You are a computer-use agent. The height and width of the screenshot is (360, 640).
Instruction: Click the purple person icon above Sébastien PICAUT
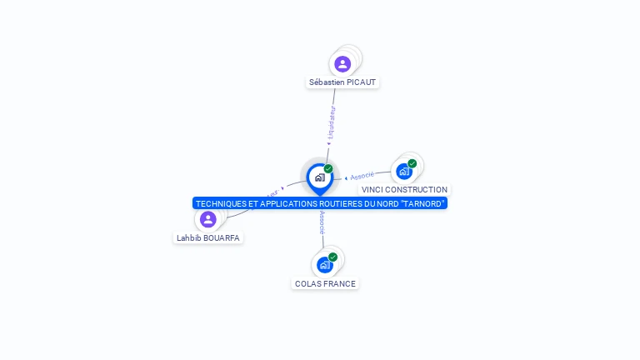[x=342, y=63]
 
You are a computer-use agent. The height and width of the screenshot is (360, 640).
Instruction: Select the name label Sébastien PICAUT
[x=342, y=82]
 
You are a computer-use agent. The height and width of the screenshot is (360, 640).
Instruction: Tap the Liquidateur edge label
[x=331, y=122]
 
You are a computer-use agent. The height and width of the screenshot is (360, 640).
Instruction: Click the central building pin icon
[x=319, y=177]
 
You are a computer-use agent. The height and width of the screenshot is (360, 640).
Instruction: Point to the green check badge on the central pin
[x=328, y=169]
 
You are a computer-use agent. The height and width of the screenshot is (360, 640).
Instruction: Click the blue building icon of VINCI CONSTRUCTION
[x=404, y=171]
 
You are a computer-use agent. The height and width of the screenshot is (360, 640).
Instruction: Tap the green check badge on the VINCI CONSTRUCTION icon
[x=412, y=163]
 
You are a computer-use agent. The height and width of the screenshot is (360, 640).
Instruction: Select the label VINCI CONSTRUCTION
[x=404, y=190]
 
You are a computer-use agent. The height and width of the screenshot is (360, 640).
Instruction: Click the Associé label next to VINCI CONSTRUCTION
[x=362, y=176]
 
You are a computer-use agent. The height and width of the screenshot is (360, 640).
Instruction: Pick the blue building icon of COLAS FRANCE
[x=324, y=265]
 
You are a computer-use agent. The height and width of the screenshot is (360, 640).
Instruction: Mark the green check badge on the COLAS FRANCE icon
[x=332, y=257]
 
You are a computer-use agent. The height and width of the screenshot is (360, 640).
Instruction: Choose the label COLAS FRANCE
[x=325, y=284]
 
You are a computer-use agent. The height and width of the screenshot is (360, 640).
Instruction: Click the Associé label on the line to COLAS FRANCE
[x=322, y=222]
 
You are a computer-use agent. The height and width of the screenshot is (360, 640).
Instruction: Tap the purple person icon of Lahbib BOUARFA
[x=208, y=219]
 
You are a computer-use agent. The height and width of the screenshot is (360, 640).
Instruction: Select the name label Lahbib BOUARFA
[x=208, y=237]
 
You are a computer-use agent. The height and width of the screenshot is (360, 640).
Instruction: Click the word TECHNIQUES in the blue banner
[x=221, y=203]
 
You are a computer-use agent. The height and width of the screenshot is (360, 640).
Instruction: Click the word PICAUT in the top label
[x=362, y=82]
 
